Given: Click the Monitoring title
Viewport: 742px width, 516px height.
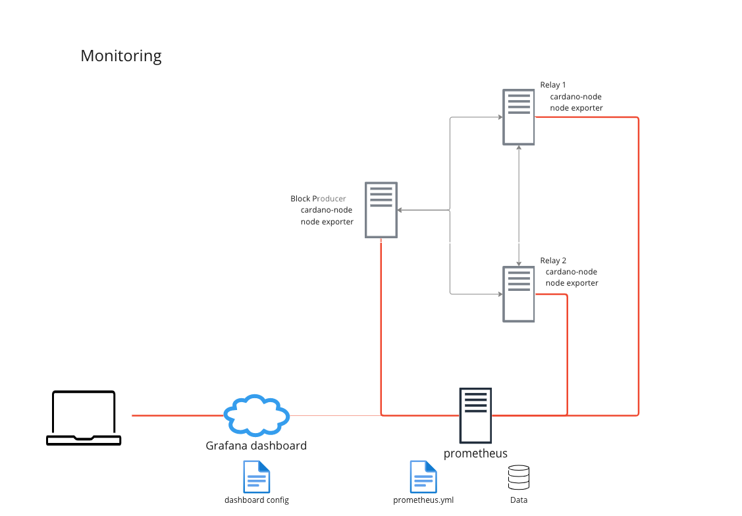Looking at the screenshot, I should point(121,56).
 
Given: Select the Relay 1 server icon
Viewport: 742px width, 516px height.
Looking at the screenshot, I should point(519,116).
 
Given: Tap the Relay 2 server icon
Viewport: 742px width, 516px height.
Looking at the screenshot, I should point(519,294).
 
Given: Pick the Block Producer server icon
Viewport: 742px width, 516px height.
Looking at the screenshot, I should point(381,210).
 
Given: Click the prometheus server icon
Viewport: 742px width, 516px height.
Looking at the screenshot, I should point(475,415).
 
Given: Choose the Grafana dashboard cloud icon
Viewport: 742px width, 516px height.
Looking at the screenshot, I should point(256,415).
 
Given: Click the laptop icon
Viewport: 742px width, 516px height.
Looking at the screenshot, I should point(84,418).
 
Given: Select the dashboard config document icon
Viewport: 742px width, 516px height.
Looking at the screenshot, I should point(257,477).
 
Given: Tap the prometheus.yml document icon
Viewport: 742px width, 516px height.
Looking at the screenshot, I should point(423,477).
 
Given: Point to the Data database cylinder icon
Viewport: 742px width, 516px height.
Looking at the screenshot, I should point(519,477).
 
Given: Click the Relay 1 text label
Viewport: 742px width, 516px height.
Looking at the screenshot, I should point(553,85).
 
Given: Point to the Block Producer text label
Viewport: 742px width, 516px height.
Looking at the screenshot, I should point(318,199).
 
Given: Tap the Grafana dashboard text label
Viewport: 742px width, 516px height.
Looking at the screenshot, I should point(256,446).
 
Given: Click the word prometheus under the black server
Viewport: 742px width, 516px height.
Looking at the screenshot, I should point(475,453).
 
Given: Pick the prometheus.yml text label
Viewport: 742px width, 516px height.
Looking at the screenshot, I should point(423,500).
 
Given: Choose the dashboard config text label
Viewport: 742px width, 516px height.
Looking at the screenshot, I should point(257,500).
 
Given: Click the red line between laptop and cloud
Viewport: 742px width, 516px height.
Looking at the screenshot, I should point(178,415).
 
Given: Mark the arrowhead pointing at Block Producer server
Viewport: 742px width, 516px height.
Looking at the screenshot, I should point(400,210).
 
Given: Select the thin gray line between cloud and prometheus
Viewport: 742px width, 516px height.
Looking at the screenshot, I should point(335,415).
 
